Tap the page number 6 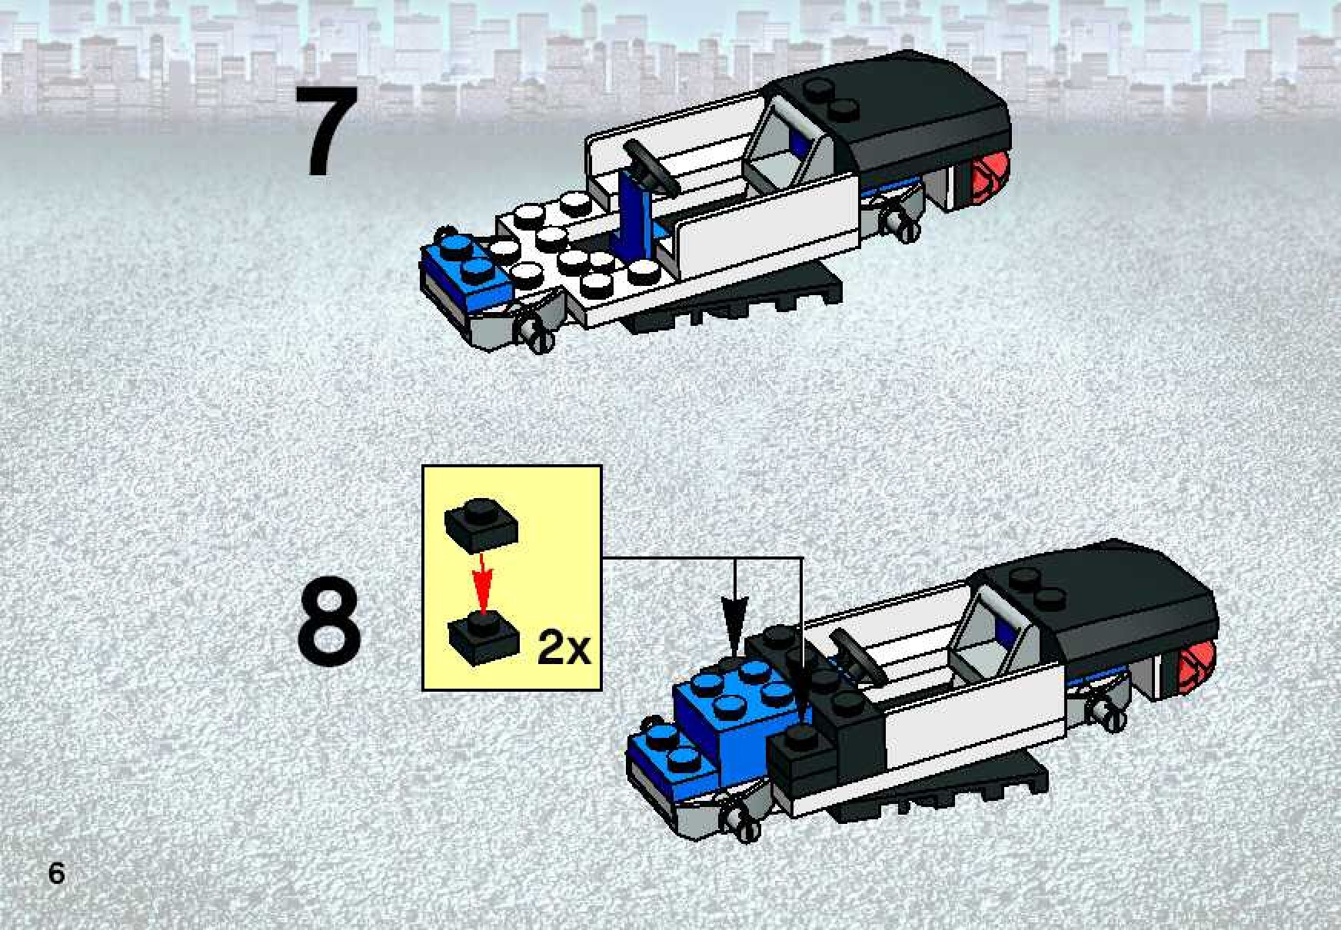tap(56, 874)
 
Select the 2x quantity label tap(564, 649)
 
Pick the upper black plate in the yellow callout tap(481, 523)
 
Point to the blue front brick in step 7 tap(466, 269)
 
